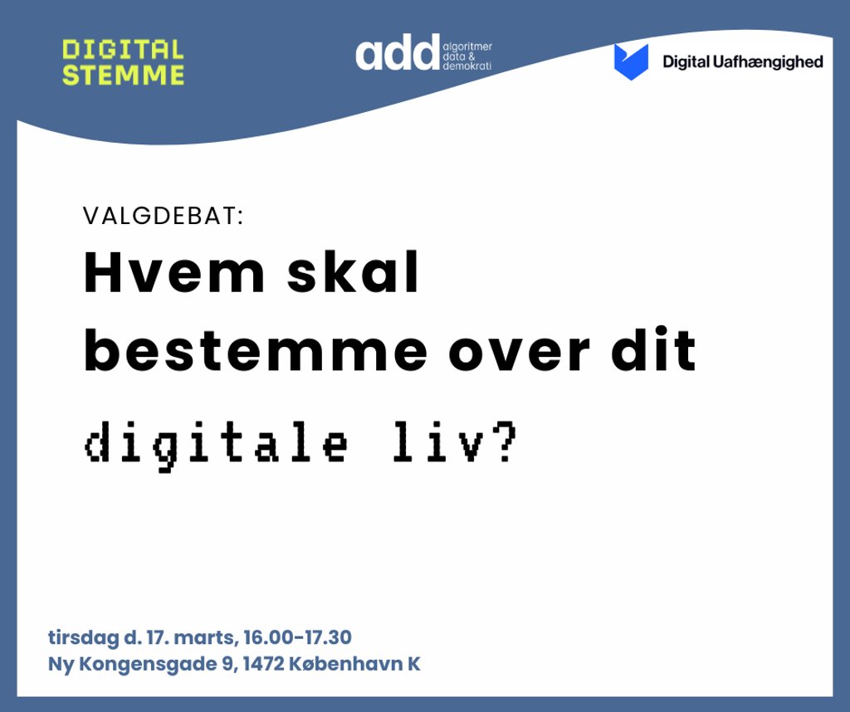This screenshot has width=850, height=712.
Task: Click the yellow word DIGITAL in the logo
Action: (x=123, y=50)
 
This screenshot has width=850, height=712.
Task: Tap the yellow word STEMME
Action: (x=123, y=75)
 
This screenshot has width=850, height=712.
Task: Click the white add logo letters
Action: (x=398, y=52)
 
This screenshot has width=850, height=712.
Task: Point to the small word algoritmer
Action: (x=467, y=47)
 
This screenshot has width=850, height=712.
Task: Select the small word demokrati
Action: (x=467, y=66)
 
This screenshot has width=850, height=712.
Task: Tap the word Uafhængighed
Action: (x=768, y=62)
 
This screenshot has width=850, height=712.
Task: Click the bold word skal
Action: (x=353, y=272)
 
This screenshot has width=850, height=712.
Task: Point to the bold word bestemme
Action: (x=256, y=350)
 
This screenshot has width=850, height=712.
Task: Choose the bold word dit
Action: (x=653, y=350)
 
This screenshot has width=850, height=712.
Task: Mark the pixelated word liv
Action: (x=438, y=441)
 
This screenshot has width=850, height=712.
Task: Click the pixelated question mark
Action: (x=506, y=441)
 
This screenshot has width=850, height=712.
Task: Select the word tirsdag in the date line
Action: (x=84, y=638)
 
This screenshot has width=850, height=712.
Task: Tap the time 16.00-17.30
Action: (x=297, y=637)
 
